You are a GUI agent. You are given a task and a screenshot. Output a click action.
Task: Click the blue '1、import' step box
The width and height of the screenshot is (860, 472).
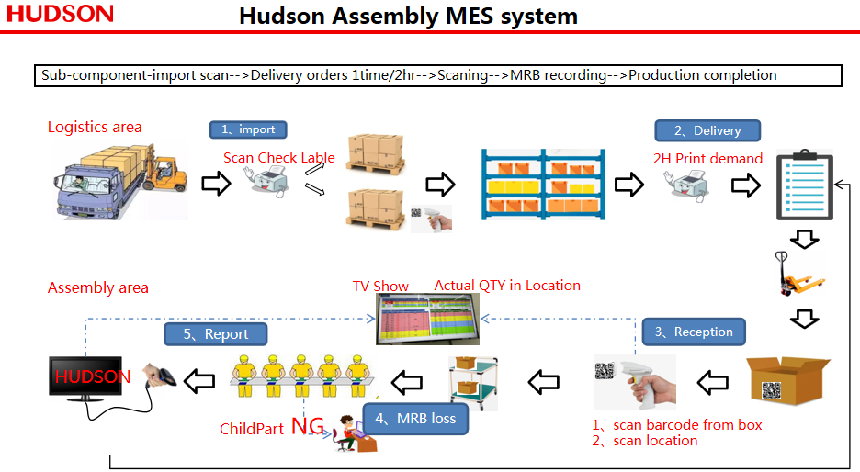click(247, 129)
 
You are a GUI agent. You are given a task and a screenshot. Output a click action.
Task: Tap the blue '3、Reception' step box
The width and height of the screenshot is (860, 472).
click(694, 332)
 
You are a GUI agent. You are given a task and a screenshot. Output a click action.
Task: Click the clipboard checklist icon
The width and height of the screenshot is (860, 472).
click(805, 186)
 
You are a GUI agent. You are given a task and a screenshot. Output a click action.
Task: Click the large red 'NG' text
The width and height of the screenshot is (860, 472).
click(309, 426)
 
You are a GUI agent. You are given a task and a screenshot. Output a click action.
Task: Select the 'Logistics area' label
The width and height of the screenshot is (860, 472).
click(95, 127)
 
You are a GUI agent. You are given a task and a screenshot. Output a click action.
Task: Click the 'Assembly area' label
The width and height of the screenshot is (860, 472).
click(98, 287)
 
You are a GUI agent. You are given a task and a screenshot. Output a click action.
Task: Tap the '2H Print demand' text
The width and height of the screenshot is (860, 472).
click(707, 158)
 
